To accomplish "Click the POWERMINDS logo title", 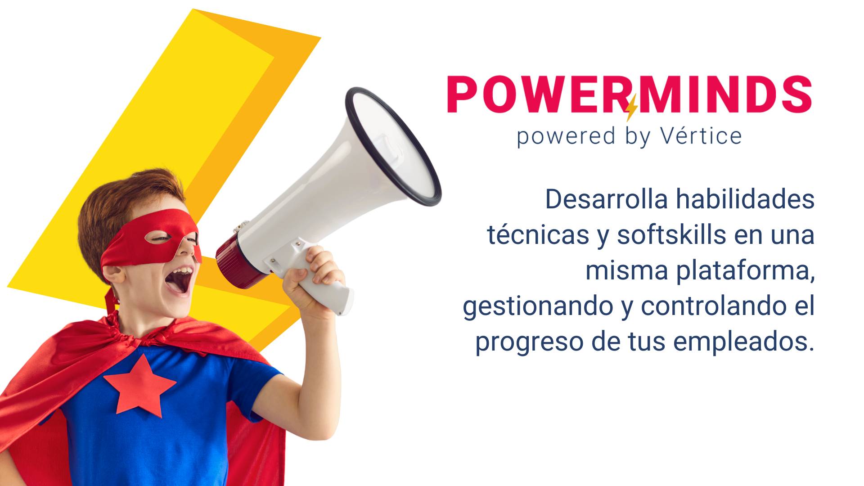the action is [630, 94].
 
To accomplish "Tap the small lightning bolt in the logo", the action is [631, 108].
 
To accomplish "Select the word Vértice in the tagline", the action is [701, 135].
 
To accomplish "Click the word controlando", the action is [710, 306].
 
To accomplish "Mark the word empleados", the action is [744, 342].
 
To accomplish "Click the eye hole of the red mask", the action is [159, 237].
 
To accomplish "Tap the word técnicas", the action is [538, 234].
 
